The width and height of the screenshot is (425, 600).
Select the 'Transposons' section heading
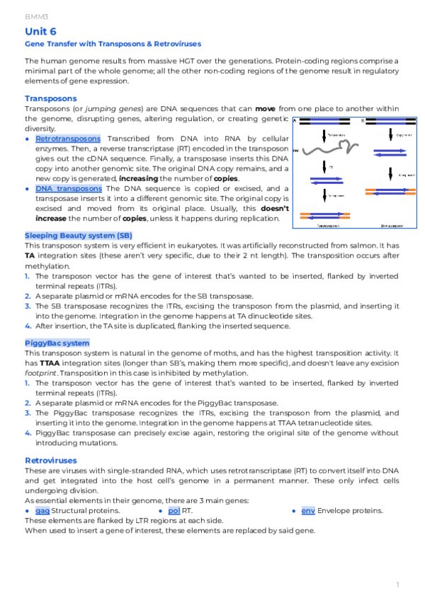50,98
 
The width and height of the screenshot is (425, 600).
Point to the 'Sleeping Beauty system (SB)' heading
78,235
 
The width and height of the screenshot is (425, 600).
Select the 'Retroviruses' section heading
51,461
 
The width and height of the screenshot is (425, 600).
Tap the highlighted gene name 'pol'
174,511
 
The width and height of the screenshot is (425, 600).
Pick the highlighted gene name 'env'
307,511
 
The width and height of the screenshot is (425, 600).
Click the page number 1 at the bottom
398,584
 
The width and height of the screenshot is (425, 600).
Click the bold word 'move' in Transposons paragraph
266,109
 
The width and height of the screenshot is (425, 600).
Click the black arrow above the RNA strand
324,134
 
